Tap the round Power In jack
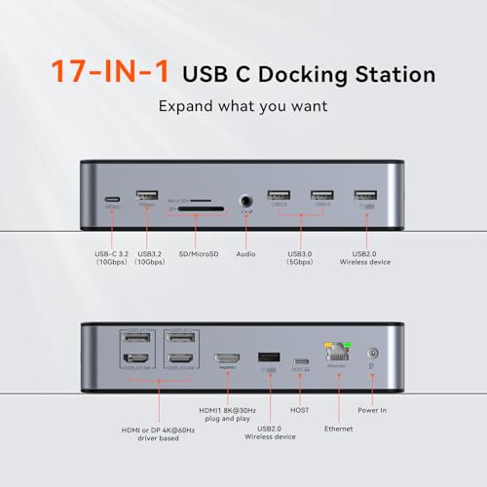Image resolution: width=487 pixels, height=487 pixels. [x=371, y=358]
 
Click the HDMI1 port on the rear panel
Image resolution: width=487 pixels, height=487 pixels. [x=229, y=358]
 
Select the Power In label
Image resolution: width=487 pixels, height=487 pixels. [x=371, y=410]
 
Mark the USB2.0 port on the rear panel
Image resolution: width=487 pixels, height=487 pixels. [x=268, y=357]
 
